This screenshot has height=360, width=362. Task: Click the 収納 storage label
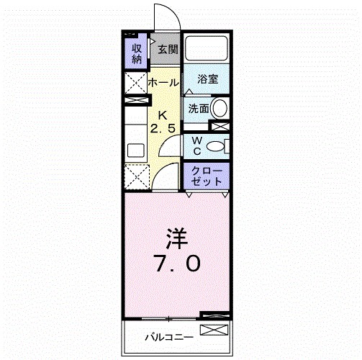click(x=136, y=55)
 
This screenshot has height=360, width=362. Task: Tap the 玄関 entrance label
click(x=168, y=50)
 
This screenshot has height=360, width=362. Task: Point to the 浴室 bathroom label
click(x=208, y=79)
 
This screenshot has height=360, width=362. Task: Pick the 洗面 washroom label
click(x=198, y=109)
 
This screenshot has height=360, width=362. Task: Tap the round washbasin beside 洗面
click(x=220, y=109)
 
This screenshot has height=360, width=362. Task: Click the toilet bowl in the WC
click(x=214, y=147)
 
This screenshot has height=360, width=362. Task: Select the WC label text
click(x=195, y=145)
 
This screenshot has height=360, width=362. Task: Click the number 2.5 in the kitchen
click(x=163, y=128)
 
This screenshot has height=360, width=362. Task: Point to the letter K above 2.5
click(x=163, y=115)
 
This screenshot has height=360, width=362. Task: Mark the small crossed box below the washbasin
click(x=223, y=126)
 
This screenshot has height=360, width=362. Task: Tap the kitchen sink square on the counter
click(x=135, y=150)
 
